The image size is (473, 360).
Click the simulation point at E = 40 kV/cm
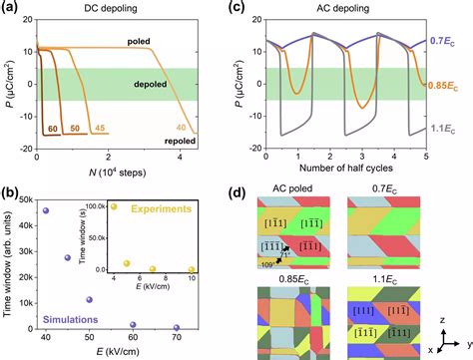coord(46,210)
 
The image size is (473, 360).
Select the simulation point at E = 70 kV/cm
coord(177,328)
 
